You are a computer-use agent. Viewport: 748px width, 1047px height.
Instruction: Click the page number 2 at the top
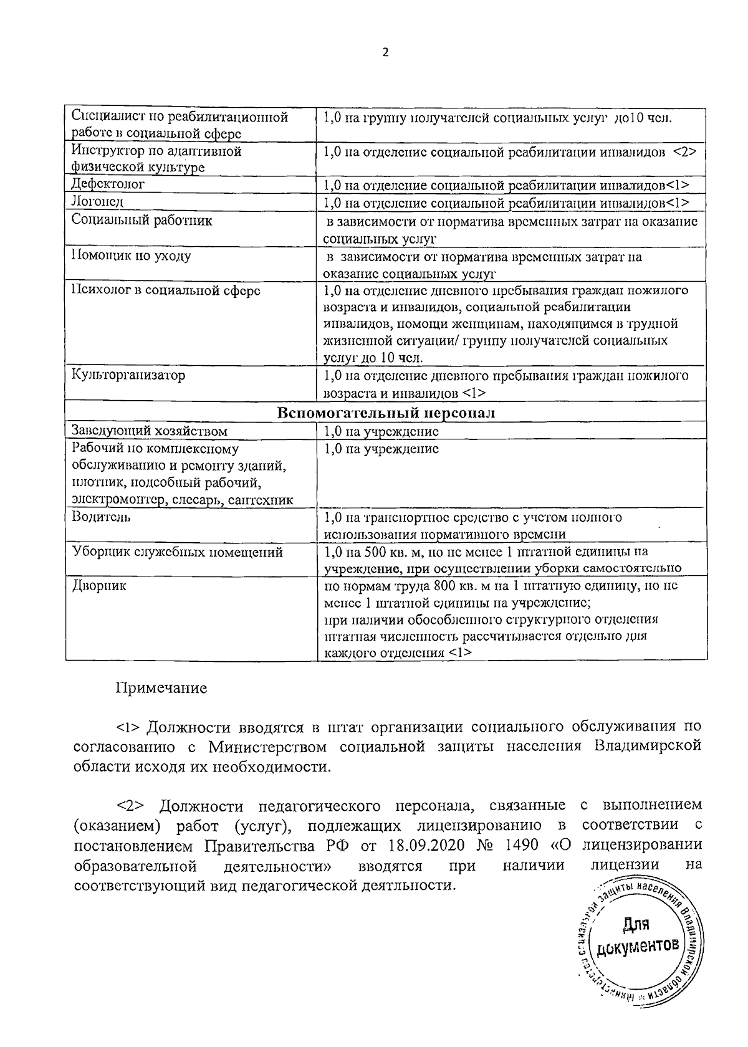pos(385,53)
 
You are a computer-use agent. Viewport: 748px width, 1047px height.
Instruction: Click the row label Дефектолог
pos(108,184)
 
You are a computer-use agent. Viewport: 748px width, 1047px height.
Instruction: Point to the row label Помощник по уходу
pos(132,256)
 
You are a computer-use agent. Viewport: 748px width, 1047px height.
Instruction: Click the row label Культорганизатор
pos(128,375)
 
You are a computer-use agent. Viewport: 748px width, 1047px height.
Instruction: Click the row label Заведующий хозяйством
pos(150,431)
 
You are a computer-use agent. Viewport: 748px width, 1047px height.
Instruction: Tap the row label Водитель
pos(101,517)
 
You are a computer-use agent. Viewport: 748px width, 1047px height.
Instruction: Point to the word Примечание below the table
pos(161,689)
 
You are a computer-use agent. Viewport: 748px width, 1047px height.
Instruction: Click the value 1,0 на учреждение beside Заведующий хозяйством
pos(381,431)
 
